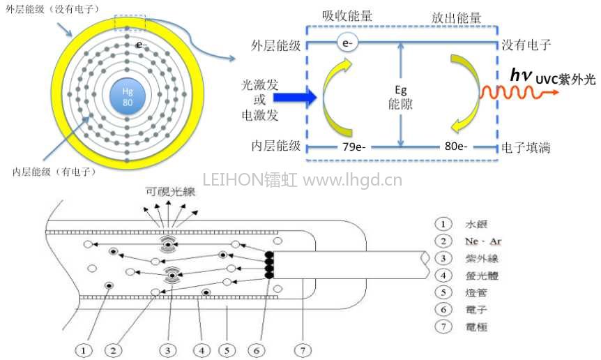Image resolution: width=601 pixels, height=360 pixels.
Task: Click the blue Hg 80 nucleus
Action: (x=127, y=97)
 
